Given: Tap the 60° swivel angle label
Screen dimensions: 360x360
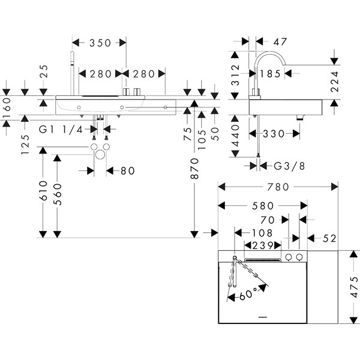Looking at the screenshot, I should [x=248, y=293].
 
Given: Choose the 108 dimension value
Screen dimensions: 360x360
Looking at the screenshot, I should [x=261, y=232].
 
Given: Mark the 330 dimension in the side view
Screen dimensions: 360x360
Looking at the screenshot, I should [x=274, y=134].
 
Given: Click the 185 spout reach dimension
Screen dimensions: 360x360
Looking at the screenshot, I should [x=271, y=74].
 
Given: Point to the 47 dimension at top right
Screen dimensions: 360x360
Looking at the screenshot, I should [x=280, y=42].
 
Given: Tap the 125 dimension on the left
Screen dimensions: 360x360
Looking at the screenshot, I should [x=25, y=144].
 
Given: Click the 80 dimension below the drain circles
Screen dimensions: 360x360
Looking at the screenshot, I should [x=127, y=171].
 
